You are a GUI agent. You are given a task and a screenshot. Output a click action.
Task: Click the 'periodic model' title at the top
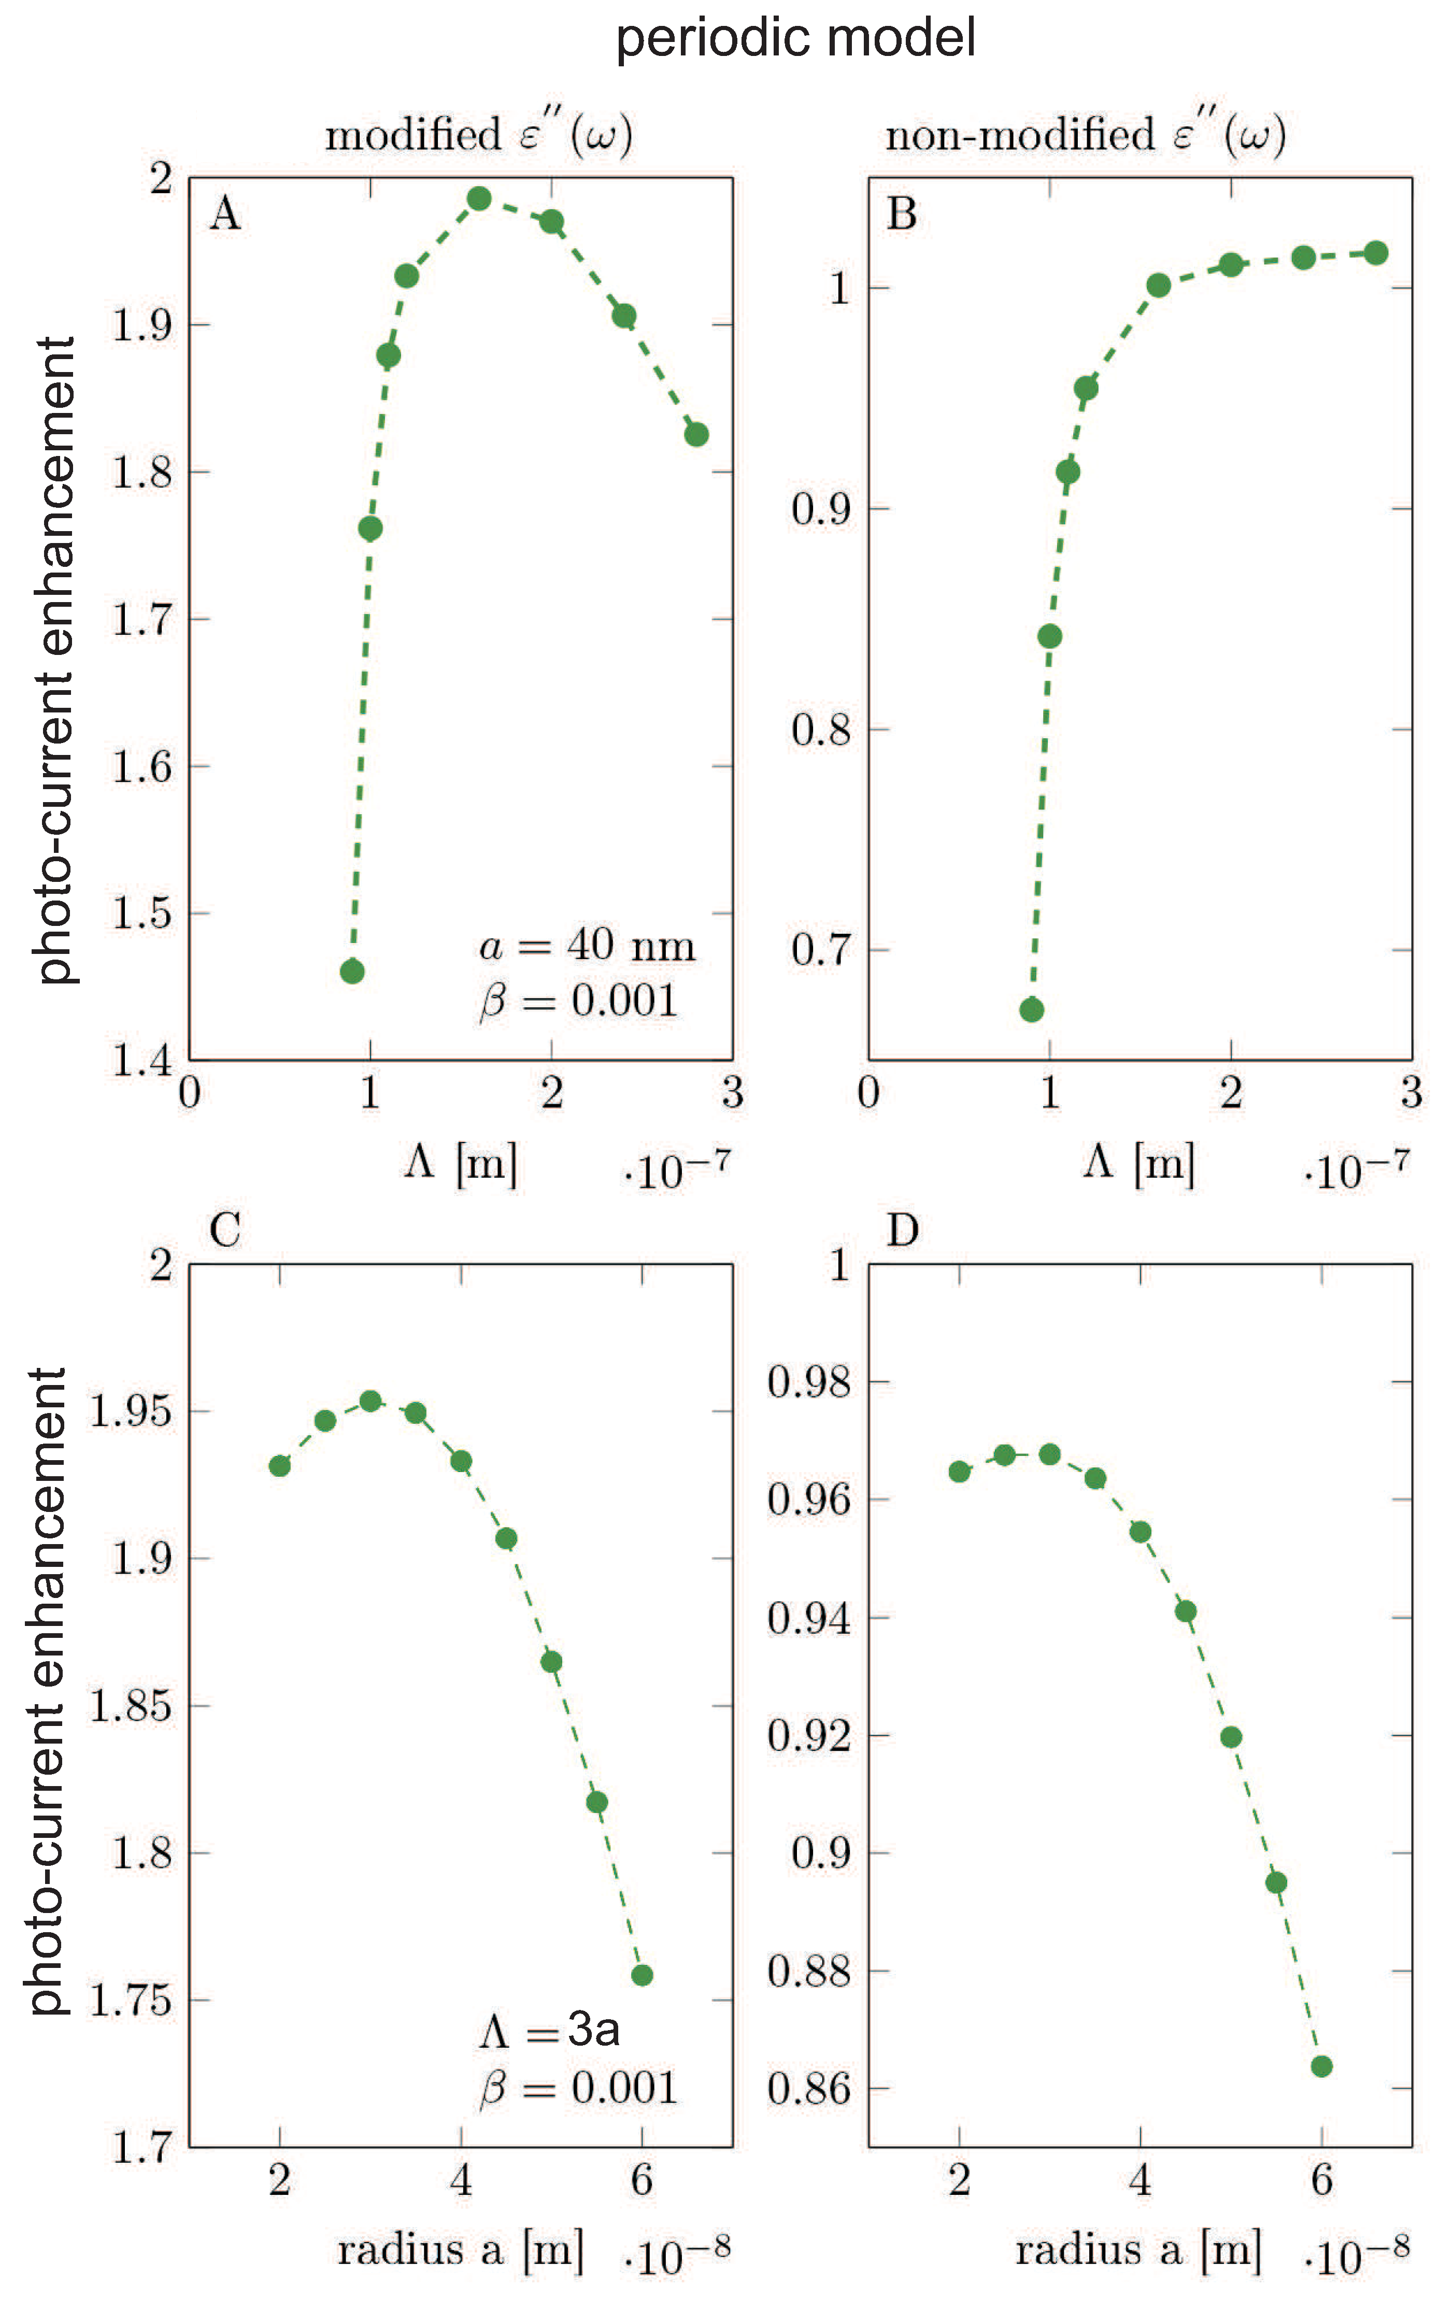(795, 38)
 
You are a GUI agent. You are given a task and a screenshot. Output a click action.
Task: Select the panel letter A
(224, 214)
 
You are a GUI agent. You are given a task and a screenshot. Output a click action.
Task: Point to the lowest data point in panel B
(1032, 1009)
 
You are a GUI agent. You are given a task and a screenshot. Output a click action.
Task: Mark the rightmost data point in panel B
(1376, 253)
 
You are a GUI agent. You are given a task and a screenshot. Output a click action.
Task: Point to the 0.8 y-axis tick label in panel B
(820, 730)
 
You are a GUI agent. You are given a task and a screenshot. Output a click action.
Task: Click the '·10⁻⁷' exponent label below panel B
(1356, 1169)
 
